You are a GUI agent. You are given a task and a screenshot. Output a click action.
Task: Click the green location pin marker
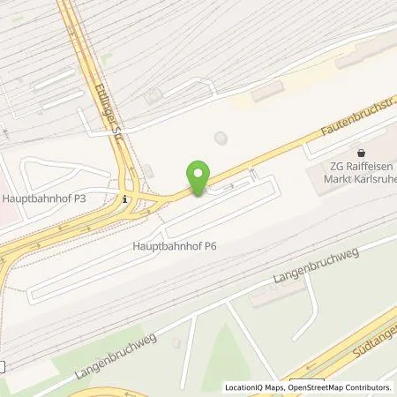point(199,178)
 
